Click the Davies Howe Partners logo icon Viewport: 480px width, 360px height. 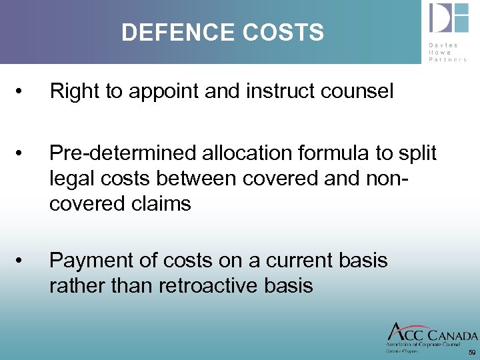pos(449,18)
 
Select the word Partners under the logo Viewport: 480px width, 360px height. pos(448,59)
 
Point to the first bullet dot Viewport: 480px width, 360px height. pos(23,91)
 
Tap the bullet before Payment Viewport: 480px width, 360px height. pos(23,260)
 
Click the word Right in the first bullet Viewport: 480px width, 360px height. pos(70,91)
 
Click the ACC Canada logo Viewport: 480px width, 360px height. pos(431,336)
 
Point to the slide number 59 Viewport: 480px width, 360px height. pos(472,351)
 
